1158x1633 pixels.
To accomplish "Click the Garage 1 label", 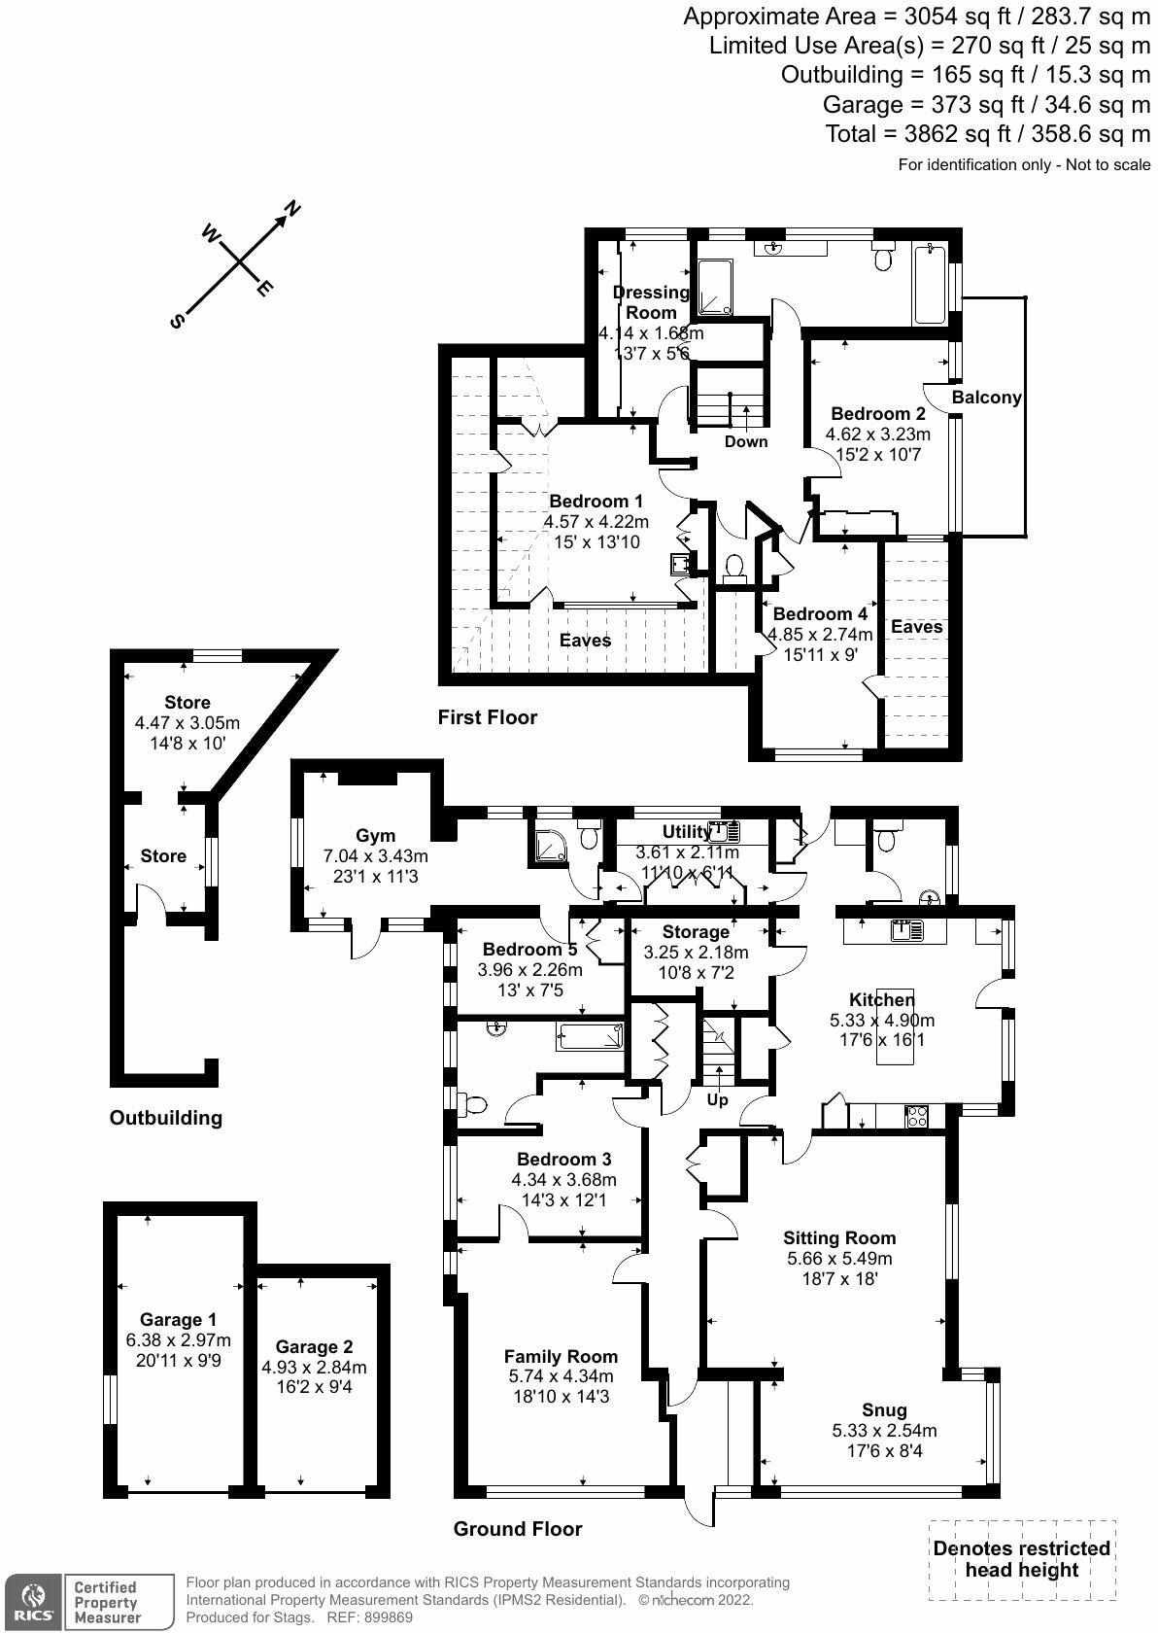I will [178, 1319].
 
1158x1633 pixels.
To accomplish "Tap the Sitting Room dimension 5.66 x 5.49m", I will [839, 1258].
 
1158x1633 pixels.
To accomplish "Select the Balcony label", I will [986, 397].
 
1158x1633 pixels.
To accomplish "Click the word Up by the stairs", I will [717, 1100].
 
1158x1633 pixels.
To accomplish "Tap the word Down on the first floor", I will [745, 441].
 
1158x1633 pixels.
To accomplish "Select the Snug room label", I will [884, 1409].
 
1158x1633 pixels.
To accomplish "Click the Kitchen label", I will [881, 999].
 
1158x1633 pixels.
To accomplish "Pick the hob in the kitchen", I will [916, 1116].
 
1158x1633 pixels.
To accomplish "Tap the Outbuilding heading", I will [165, 1118].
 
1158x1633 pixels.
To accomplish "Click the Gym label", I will [375, 835].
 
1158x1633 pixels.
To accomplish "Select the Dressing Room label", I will [651, 302].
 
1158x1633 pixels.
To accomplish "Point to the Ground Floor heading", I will [518, 1529].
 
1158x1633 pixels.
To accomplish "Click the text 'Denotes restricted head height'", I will [1021, 1559].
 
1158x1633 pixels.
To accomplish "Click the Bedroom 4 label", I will [820, 613].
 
